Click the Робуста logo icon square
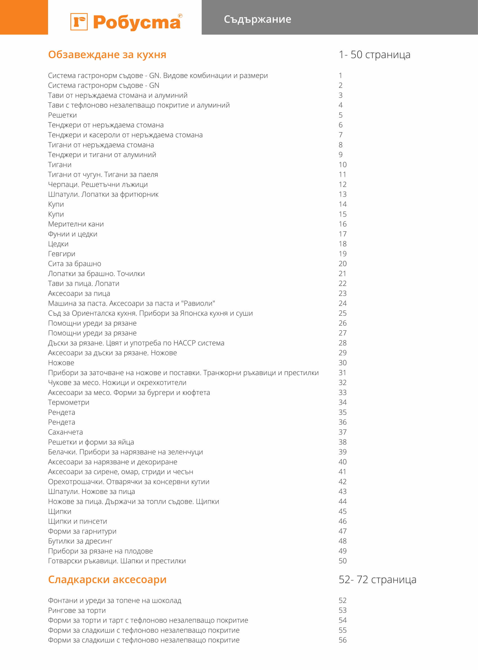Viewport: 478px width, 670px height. [x=79, y=22]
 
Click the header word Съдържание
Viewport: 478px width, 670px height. [x=257, y=19]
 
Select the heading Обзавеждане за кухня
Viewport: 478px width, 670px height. [x=107, y=55]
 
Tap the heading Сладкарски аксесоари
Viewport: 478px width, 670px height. [x=107, y=579]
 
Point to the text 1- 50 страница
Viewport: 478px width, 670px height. [x=374, y=55]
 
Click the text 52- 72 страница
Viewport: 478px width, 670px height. [x=377, y=579]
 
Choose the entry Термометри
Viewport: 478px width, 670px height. [x=69, y=402]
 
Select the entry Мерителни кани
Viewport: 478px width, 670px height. [x=76, y=224]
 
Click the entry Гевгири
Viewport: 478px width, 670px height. [x=62, y=254]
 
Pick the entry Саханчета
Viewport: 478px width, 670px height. [x=65, y=432]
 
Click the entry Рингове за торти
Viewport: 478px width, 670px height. [x=77, y=610]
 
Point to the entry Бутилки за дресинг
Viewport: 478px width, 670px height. [x=80, y=541]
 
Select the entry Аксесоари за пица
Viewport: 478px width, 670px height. [x=79, y=293]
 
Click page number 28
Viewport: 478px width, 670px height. [x=343, y=343]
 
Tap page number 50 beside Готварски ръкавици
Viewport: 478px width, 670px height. [x=343, y=561]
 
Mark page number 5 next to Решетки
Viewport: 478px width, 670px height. [x=341, y=115]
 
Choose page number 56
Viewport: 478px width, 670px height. [x=343, y=640]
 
